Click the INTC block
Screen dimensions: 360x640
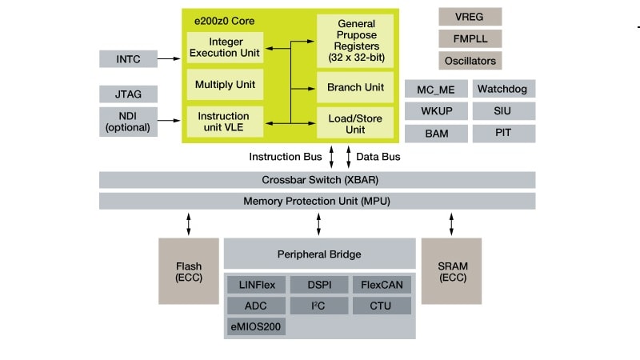pos(128,58)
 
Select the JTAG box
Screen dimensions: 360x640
pos(128,94)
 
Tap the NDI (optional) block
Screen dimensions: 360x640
pos(128,121)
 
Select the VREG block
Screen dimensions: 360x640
pos(470,16)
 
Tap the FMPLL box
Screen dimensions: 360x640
pos(470,38)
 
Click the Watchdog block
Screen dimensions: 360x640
pos(503,88)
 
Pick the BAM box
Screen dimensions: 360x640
pos(436,133)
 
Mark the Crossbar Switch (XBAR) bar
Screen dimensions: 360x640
pos(317,179)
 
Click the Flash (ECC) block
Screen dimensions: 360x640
pos(189,271)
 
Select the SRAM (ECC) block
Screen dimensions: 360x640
pos(451,271)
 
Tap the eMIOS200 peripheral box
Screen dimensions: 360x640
pos(256,326)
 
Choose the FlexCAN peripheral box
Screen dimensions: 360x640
pos(382,285)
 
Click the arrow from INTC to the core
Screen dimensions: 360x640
pos(170,58)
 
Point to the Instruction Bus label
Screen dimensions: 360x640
pos(285,157)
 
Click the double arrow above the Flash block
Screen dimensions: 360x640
pos(189,223)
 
